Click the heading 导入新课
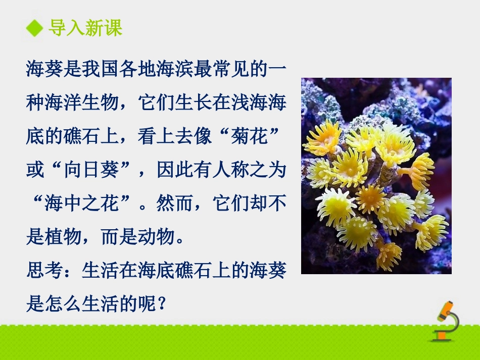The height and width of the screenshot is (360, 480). coord(85,28)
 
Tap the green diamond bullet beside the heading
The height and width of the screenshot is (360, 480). coord(35,28)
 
